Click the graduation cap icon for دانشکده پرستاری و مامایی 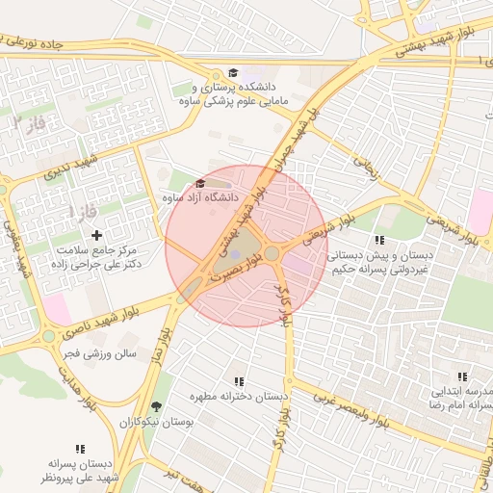pyautogui.click(x=233, y=72)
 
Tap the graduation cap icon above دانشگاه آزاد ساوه pyautogui.click(x=200, y=183)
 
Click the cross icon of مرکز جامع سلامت pyautogui.click(x=95, y=235)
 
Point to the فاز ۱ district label pyautogui.click(x=83, y=209)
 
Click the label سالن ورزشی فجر pyautogui.click(x=96, y=353)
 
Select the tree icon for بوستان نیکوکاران pyautogui.click(x=156, y=407)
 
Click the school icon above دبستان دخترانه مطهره pyautogui.click(x=239, y=381)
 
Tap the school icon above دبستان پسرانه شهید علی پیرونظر pyautogui.click(x=80, y=449)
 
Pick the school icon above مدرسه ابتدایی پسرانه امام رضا pyautogui.click(x=462, y=376)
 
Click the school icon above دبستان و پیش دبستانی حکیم pyautogui.click(x=379, y=240)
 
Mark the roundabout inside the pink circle pyautogui.click(x=272, y=253)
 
